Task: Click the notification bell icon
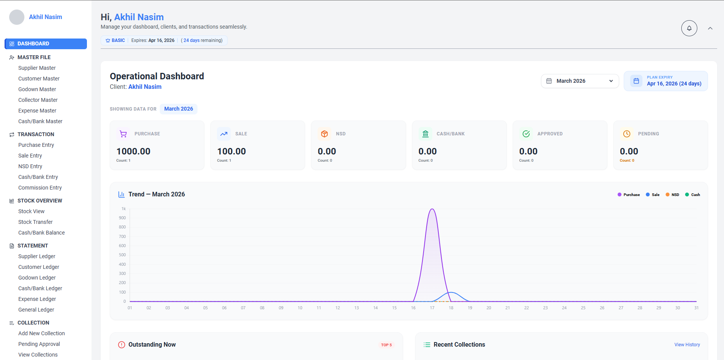689,28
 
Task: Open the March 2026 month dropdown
580,81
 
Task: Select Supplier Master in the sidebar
37,68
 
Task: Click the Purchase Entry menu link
36,145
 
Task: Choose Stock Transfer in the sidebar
35,222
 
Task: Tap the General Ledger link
36,310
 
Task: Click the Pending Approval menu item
39,344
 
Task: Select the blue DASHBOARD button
46,44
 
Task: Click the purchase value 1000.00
133,151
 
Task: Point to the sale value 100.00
231,151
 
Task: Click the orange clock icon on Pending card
626,134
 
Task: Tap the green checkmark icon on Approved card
526,134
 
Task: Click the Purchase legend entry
629,195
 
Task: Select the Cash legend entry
693,195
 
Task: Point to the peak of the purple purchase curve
432,209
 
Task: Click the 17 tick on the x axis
432,308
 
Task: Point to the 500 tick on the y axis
122,255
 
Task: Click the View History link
687,345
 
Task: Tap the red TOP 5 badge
386,345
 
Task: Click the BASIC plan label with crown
115,40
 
